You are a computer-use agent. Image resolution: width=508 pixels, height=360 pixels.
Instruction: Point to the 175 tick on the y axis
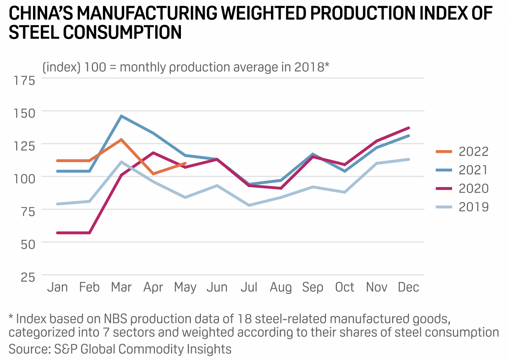(x=25, y=81)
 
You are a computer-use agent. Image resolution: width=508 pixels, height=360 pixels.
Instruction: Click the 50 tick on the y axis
(x=28, y=244)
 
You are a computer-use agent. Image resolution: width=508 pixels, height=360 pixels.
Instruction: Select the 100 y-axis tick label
(x=25, y=179)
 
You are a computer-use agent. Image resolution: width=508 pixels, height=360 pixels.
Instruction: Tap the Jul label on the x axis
(x=249, y=287)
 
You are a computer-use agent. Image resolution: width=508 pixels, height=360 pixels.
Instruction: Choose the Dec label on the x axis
(x=408, y=287)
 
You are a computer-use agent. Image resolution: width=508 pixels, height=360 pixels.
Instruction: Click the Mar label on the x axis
(x=121, y=287)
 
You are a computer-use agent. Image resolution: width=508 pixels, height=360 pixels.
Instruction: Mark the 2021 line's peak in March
(x=121, y=116)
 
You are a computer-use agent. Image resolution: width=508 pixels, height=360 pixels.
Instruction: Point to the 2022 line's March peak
(x=121, y=140)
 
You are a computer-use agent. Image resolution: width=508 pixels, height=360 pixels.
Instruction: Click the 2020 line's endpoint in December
(x=409, y=128)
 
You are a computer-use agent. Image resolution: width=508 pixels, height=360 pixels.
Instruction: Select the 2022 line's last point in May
(x=185, y=163)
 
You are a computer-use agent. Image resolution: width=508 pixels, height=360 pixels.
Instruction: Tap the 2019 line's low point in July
(x=249, y=205)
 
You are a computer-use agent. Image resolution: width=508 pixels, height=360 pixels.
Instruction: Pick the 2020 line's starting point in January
(x=57, y=233)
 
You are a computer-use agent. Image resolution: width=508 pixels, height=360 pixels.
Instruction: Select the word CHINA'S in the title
(x=41, y=13)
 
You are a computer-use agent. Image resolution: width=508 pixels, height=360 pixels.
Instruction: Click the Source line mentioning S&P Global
(x=120, y=349)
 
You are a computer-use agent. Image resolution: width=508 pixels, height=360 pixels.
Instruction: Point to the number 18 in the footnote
(x=245, y=319)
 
